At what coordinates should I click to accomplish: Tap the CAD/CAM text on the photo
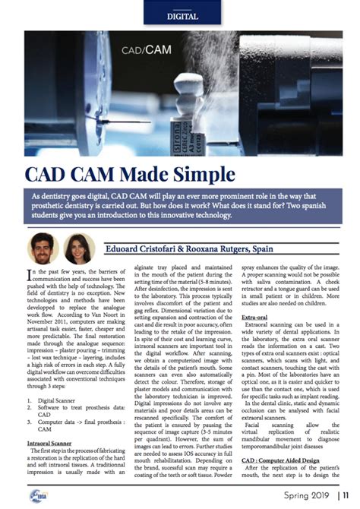(145, 51)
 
